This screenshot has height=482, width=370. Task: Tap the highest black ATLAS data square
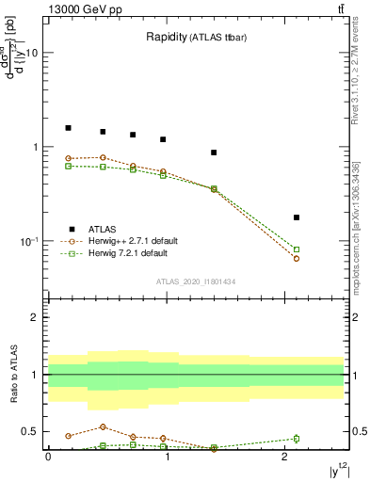click(x=68, y=127)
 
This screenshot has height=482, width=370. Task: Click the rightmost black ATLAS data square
click(x=297, y=217)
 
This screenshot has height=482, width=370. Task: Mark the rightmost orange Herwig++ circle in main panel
click(x=297, y=258)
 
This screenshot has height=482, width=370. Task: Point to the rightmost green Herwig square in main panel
click(x=297, y=249)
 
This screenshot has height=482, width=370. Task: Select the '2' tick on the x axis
click(x=284, y=456)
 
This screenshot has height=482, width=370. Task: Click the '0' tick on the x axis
click(x=48, y=456)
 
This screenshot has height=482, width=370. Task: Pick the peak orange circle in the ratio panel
click(x=103, y=426)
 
